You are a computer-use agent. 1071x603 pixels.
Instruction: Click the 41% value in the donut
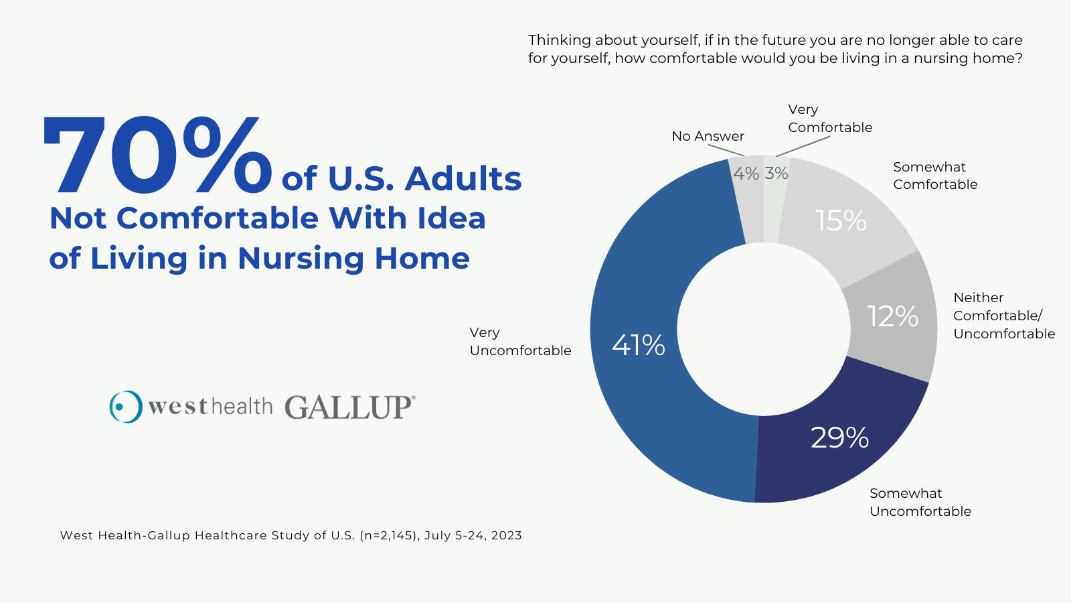click(x=638, y=346)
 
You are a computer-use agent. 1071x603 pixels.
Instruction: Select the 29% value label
click(x=839, y=438)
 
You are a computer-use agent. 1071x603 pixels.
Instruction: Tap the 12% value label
click(x=892, y=316)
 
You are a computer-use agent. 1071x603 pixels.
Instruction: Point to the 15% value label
click(x=841, y=221)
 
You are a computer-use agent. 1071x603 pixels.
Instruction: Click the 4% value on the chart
click(x=746, y=174)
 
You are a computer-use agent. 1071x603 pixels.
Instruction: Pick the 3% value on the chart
click(x=776, y=174)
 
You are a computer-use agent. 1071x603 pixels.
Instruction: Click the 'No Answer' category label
click(x=708, y=136)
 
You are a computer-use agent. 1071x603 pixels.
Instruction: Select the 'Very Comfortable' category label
click(x=829, y=119)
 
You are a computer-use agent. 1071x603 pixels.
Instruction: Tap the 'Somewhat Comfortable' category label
click(x=934, y=176)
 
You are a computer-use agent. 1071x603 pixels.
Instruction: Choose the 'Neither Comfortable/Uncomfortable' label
click(x=1003, y=316)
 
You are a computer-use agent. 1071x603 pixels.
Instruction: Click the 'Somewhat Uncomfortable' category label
click(x=920, y=503)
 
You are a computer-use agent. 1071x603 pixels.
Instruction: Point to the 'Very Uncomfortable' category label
click(x=520, y=342)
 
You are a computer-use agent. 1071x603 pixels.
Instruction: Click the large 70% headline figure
click(x=157, y=157)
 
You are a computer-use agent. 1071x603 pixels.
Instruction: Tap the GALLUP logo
click(x=349, y=407)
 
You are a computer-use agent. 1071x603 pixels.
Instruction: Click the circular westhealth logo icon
click(x=126, y=407)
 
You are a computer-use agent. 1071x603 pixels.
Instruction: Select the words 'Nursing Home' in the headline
click(x=353, y=259)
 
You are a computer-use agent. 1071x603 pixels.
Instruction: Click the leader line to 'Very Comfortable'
click(x=803, y=147)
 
